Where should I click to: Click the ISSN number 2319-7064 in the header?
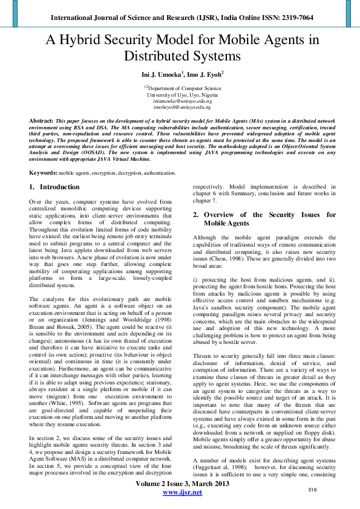pos(296,18)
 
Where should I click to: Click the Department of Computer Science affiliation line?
pos(180,88)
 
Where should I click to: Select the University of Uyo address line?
pos(180,95)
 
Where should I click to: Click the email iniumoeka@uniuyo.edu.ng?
pos(180,102)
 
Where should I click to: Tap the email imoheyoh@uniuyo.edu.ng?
pos(180,108)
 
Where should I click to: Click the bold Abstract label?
pos(41,121)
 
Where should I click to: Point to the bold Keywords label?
pos(44,173)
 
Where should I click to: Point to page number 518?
pos(313,489)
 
